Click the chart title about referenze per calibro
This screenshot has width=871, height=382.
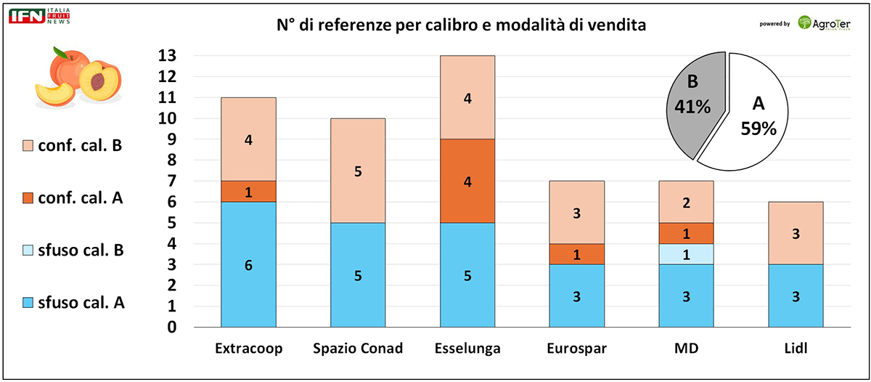pos(461,25)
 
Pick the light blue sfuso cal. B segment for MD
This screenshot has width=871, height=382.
pos(686,254)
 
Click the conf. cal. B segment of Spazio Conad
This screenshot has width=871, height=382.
pos(357,171)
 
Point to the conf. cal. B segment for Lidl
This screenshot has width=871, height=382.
pos(795,232)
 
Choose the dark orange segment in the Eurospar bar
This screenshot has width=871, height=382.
pos(576,253)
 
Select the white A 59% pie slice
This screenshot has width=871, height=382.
pos(758,116)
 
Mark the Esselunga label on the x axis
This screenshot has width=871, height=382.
pos(467,349)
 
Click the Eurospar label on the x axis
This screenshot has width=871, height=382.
pos(576,349)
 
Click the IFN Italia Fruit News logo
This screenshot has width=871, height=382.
pos(36,16)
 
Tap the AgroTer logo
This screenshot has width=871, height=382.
pos(825,23)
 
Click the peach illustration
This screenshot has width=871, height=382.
pos(78,76)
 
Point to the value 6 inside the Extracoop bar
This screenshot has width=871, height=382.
pos(248,266)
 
